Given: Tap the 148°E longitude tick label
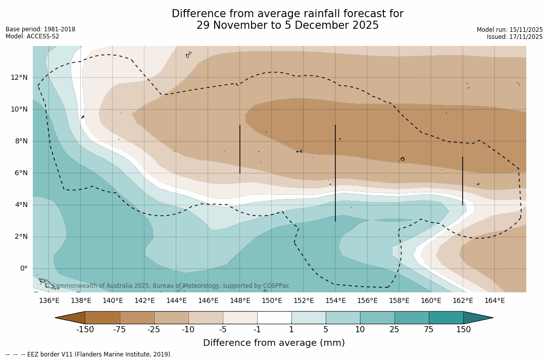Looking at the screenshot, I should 240,301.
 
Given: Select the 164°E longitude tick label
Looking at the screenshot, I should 494,301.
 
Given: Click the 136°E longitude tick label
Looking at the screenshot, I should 49,301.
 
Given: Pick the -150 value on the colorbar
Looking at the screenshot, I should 85,330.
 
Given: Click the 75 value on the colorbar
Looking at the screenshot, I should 429,330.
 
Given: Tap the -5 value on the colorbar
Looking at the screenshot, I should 223,330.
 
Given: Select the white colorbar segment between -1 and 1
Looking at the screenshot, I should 274,318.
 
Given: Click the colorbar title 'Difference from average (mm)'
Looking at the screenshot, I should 274,343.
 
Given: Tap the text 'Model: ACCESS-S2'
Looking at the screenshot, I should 32,36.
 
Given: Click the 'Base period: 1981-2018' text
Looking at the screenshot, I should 40,29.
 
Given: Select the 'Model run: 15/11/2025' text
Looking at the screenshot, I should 510,30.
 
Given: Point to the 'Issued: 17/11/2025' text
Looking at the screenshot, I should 515,37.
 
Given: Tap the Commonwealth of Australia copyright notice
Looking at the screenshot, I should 167,286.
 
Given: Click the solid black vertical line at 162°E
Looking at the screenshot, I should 463,181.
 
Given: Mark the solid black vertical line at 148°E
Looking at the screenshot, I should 240,149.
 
